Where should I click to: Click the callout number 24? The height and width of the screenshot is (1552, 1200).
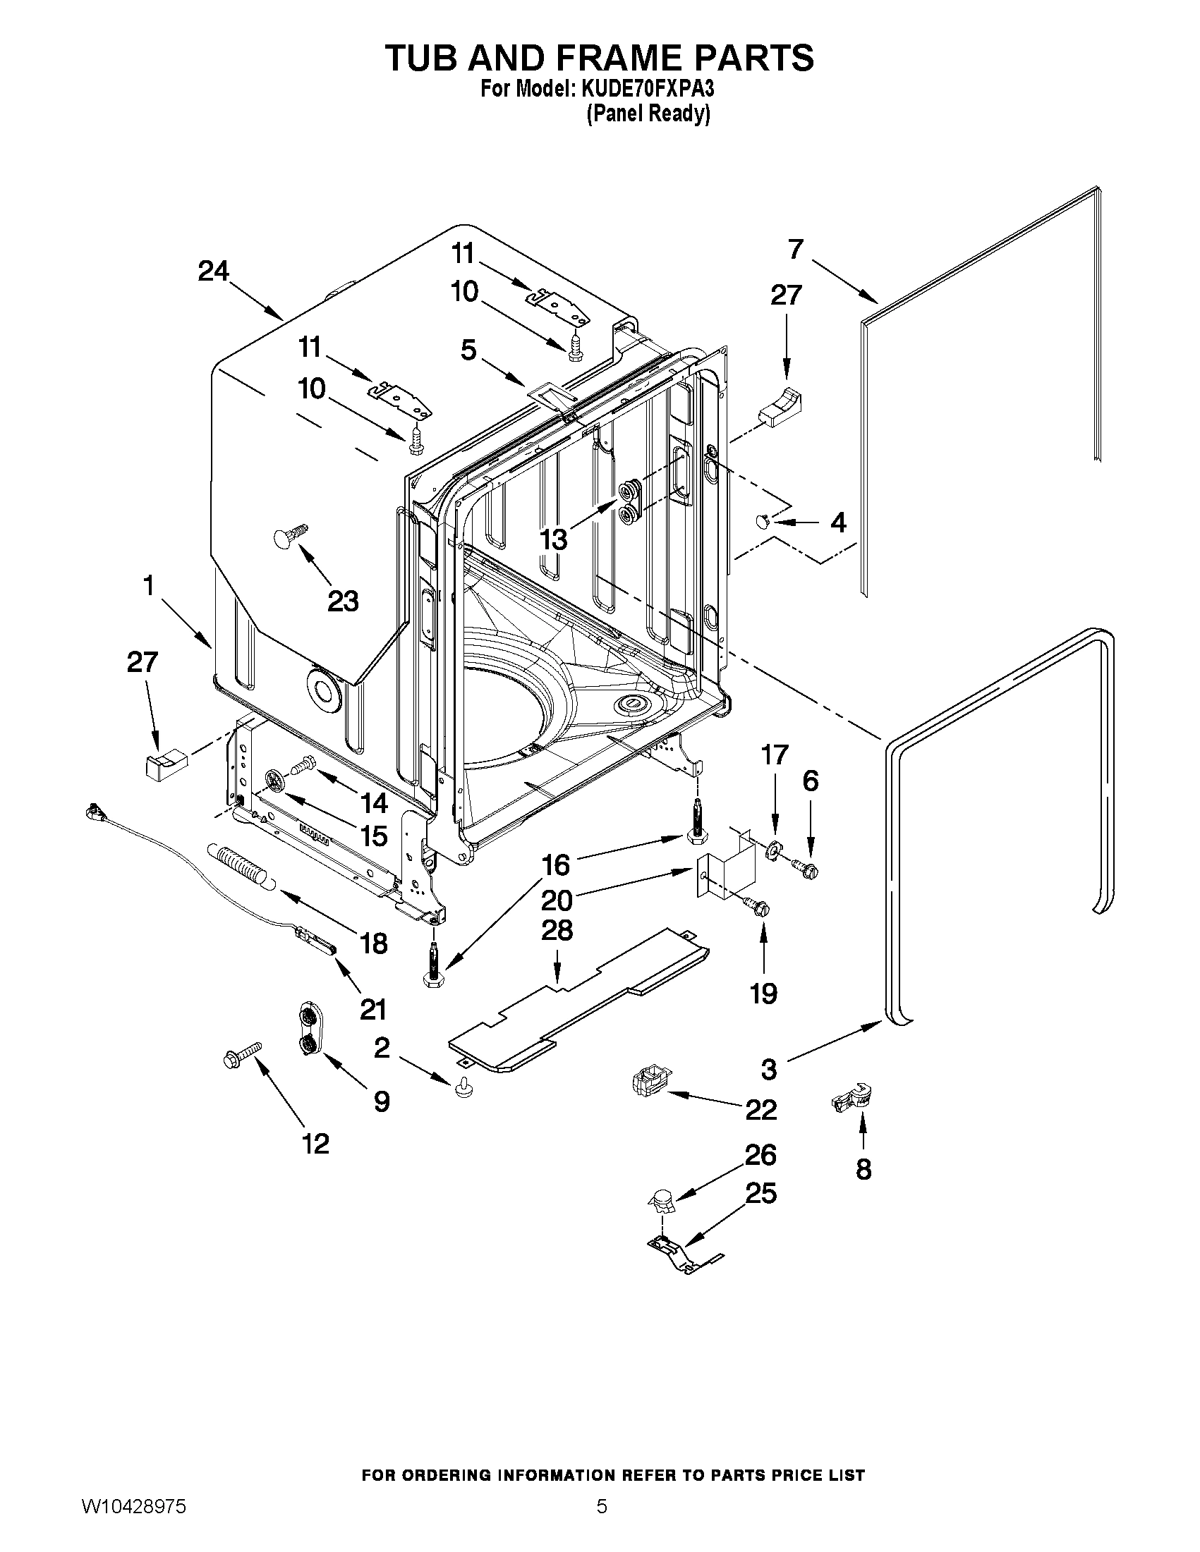click(213, 271)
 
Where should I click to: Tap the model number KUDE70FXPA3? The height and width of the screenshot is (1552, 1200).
click(647, 90)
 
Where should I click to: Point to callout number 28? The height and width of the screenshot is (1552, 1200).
click(557, 930)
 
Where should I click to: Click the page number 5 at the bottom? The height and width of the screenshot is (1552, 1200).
click(602, 1505)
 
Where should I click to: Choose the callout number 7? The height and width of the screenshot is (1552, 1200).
click(796, 250)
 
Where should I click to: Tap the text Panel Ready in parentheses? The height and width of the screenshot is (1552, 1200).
click(648, 114)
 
